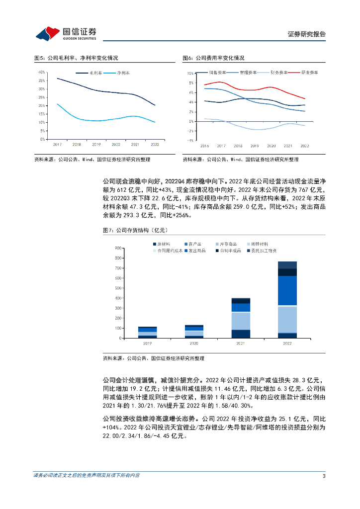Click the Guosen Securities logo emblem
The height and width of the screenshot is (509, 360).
click(x=48, y=34)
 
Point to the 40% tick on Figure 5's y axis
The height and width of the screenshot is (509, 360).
click(x=42, y=73)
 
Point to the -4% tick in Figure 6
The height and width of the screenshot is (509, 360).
click(x=190, y=140)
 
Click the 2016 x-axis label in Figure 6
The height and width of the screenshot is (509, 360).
click(x=204, y=146)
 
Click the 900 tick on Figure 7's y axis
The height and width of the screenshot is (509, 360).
click(x=118, y=248)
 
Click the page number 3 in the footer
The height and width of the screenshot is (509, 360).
click(x=324, y=476)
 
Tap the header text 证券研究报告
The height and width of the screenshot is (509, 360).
click(x=307, y=34)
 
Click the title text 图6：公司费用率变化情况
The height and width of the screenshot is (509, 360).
click(x=213, y=58)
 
